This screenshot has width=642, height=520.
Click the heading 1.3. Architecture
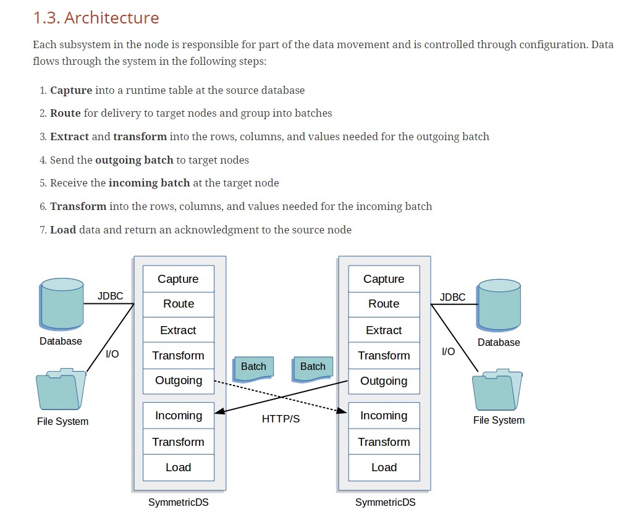pyautogui.click(x=96, y=17)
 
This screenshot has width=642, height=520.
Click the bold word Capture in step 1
pyautogui.click(x=71, y=90)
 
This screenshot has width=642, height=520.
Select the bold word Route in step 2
pyautogui.click(x=65, y=113)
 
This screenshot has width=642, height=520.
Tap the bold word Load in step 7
pyautogui.click(x=63, y=230)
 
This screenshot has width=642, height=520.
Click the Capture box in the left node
pyautogui.click(x=179, y=279)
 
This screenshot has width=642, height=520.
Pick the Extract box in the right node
pyautogui.click(x=384, y=330)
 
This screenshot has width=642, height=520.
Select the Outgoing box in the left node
pyautogui.click(x=179, y=381)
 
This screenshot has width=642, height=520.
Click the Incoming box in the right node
pyautogui.click(x=384, y=416)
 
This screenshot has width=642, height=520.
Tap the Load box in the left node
pyautogui.click(x=179, y=468)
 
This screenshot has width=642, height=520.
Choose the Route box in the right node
pyautogui.click(x=384, y=304)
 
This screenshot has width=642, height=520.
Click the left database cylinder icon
pyautogui.click(x=62, y=304)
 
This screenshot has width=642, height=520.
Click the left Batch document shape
pyautogui.click(x=253, y=369)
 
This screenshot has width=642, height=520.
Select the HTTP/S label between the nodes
pyautogui.click(x=281, y=419)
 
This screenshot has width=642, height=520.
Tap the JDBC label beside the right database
pyautogui.click(x=452, y=298)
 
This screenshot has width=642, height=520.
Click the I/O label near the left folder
pyautogui.click(x=112, y=354)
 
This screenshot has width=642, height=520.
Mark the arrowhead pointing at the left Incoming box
pyautogui.click(x=220, y=411)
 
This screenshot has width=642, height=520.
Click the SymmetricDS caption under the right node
pyautogui.click(x=386, y=503)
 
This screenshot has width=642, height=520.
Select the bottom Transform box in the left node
pyautogui.click(x=179, y=442)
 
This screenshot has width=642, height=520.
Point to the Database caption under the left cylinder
pyautogui.click(x=61, y=342)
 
